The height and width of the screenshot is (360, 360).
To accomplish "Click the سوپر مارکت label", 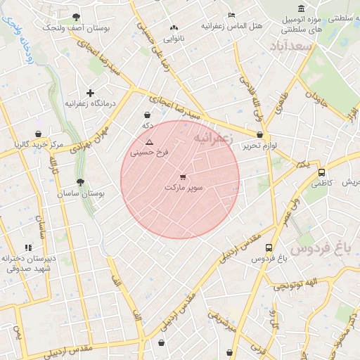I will pyautogui.click(x=183, y=188).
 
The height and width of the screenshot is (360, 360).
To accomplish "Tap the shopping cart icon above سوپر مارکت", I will pyautogui.click(x=183, y=176).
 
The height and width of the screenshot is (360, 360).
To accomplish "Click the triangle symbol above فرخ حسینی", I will pyautogui.click(x=148, y=142).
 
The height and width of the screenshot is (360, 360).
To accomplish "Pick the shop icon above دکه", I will pyautogui.click(x=147, y=115).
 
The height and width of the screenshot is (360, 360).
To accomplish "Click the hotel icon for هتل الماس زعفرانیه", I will pyautogui.click(x=232, y=15).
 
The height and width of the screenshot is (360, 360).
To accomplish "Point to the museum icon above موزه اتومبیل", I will pyautogui.click(x=302, y=8).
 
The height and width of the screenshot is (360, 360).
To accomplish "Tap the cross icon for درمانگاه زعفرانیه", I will pyautogui.click(x=90, y=93).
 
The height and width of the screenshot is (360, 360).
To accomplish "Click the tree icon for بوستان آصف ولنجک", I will pyautogui.click(x=76, y=17).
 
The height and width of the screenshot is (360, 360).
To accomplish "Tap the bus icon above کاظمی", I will pyautogui.click(x=321, y=172).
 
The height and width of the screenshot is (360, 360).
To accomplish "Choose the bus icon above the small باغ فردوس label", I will pyautogui.click(x=269, y=247).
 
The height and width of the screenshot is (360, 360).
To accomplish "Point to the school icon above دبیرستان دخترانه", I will pyautogui.click(x=28, y=247).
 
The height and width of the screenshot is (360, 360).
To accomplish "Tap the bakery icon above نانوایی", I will pyautogui.click(x=173, y=28).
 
